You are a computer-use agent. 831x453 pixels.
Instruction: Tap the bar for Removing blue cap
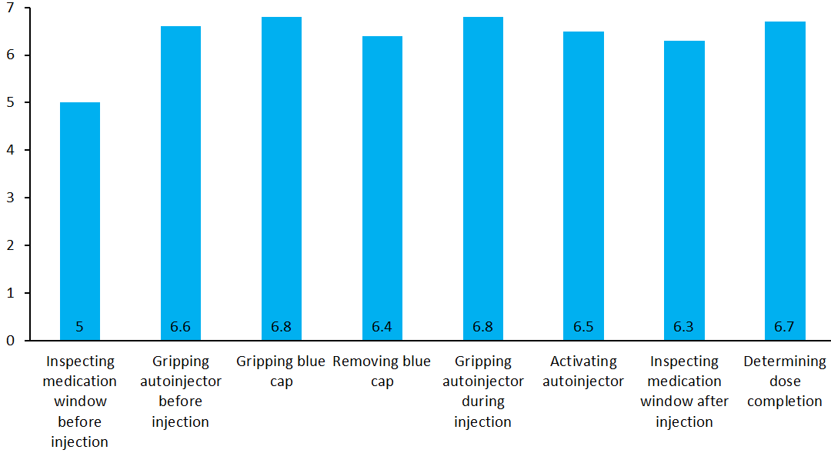pos(382,188)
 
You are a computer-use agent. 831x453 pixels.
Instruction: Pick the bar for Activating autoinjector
pos(583,185)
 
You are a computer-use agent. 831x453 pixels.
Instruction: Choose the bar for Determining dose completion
pos(785,181)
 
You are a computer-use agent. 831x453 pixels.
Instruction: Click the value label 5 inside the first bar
pos(80,327)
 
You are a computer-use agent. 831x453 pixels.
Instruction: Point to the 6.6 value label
pos(181,327)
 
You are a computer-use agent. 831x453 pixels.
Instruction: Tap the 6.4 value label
pos(382,327)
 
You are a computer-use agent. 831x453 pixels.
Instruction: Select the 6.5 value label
pos(583,327)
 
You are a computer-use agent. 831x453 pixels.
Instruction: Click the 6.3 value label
pos(684,327)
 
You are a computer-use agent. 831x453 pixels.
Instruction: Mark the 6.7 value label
pos(785,327)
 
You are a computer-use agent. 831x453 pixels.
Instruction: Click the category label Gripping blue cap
pos(282,371)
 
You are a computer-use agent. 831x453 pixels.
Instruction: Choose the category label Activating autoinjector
pos(583,371)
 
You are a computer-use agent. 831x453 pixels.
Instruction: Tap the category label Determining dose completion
pos(785,381)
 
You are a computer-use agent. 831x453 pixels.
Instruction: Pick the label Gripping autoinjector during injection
pos(483,391)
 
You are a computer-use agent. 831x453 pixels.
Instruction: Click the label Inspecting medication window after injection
pos(684,391)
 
